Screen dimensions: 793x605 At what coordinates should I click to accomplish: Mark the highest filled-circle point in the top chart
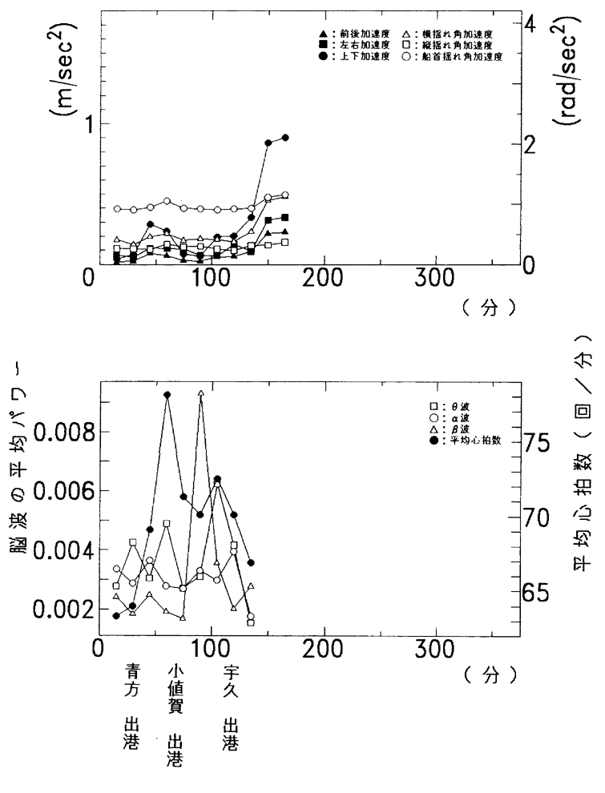[285, 137]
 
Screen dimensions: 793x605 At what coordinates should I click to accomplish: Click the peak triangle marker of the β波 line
[200, 393]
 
